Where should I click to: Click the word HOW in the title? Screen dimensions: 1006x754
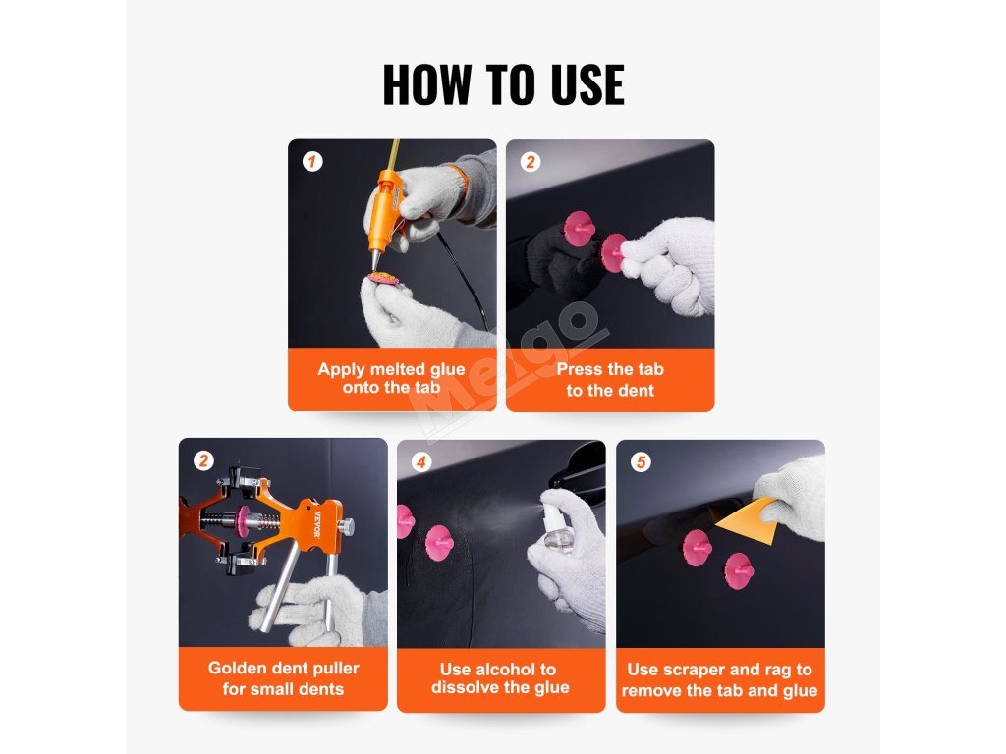click(x=426, y=84)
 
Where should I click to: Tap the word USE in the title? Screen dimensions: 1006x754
click(x=587, y=84)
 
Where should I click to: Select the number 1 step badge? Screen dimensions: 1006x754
click(x=312, y=162)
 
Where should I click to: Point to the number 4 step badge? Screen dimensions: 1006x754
click(x=420, y=461)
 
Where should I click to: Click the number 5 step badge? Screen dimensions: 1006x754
click(x=641, y=461)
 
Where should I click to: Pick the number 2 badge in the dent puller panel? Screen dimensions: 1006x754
click(x=203, y=460)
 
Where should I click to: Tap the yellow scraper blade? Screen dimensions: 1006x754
click(x=748, y=518)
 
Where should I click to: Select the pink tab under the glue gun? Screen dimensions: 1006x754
click(x=382, y=278)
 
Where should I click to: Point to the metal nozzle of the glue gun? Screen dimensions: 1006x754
click(x=374, y=259)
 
